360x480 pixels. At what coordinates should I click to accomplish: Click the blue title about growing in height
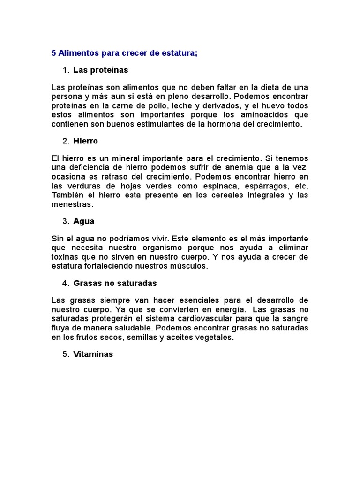pos(125,53)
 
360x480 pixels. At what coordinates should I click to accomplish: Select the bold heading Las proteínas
pos(101,70)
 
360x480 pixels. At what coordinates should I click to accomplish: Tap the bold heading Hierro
pos(86,141)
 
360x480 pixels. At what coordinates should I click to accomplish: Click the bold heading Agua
pos(84,221)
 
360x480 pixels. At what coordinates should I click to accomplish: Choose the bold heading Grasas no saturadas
pos(115,283)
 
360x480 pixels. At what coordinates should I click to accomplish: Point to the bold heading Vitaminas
pos(93,354)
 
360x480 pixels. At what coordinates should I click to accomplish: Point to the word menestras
pos(72,204)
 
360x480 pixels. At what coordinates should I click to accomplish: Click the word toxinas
pos(65,257)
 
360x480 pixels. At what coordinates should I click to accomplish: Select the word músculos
pos(190,266)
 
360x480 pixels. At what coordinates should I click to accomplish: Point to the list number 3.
pos(65,221)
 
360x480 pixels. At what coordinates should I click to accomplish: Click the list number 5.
pos(65,354)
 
